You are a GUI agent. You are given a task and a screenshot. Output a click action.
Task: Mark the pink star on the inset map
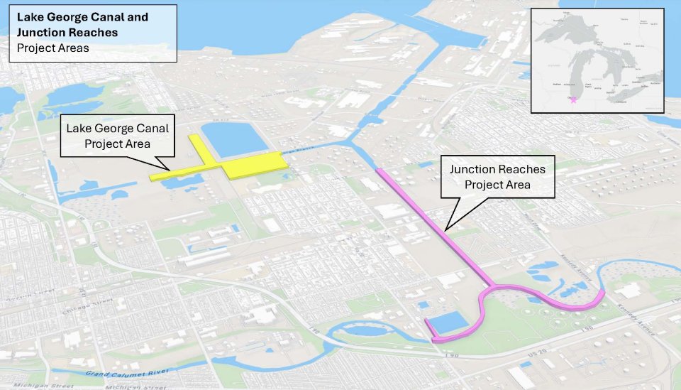click(573, 100)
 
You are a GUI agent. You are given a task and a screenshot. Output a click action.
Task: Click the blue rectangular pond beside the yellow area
click(234, 139)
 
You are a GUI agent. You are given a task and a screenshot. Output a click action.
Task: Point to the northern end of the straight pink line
click(379, 170)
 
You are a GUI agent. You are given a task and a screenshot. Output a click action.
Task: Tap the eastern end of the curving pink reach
click(602, 293)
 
